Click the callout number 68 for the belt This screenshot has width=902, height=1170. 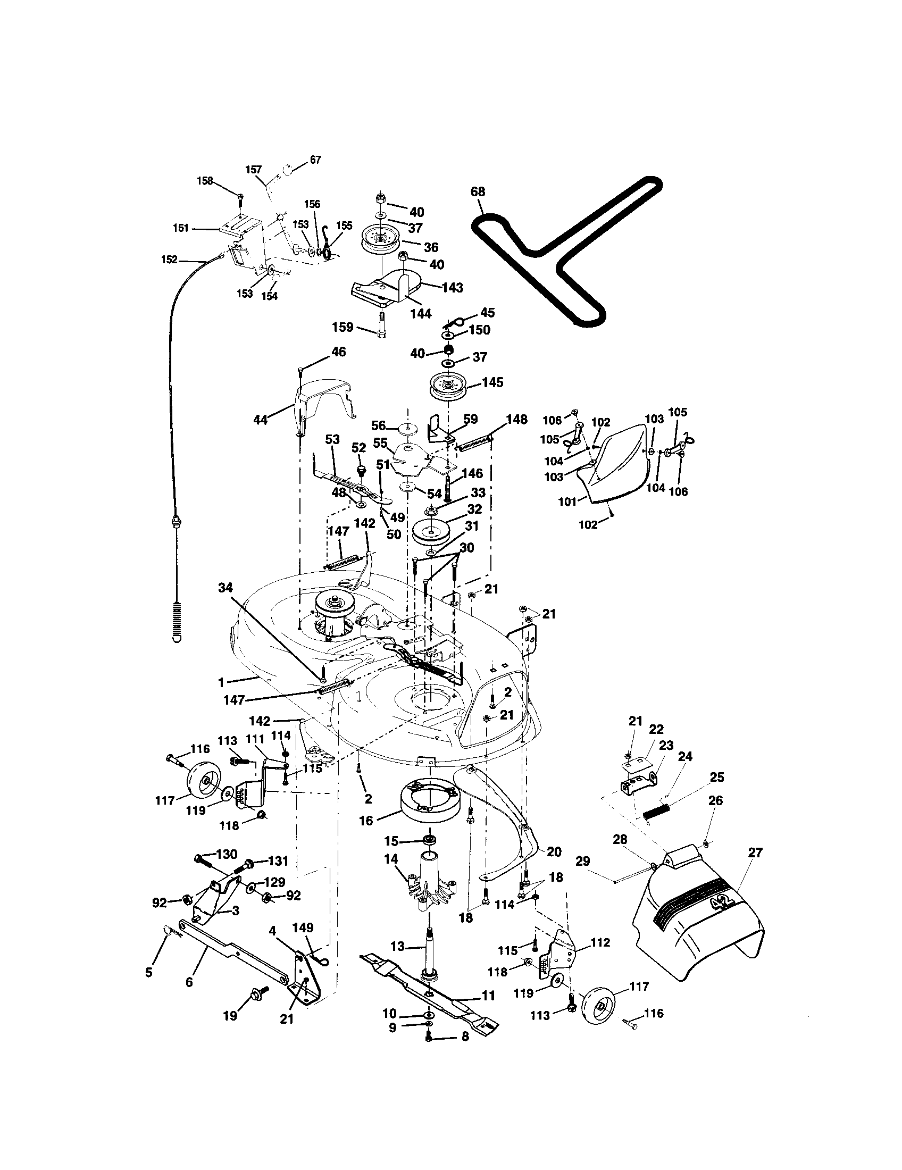coord(478,191)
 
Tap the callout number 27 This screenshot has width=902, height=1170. coord(754,853)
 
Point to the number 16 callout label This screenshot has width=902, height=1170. coord(366,820)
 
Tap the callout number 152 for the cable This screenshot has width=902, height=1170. coord(169,260)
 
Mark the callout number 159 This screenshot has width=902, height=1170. coord(343,327)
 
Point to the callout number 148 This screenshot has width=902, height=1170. coord(516,419)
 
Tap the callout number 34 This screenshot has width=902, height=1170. coord(225,588)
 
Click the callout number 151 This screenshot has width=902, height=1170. coord(181,229)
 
